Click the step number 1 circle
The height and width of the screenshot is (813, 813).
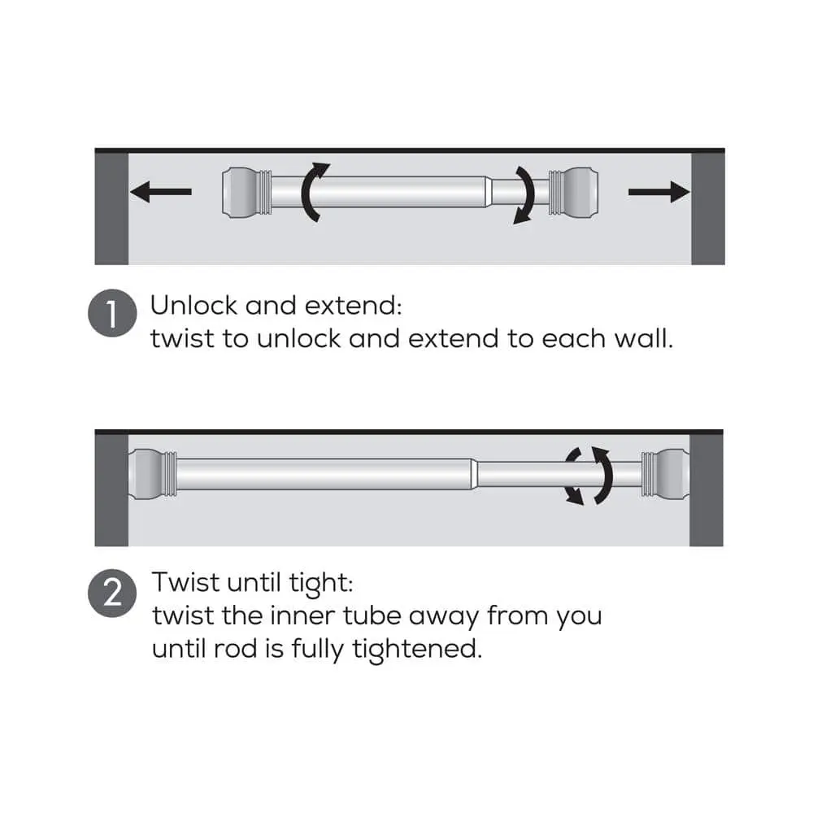[x=112, y=313]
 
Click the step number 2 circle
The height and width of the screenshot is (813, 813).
[x=112, y=593]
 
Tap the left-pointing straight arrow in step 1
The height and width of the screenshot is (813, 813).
[x=161, y=192]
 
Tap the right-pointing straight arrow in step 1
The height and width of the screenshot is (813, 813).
[x=659, y=192]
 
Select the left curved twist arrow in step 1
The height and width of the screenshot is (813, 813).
[x=305, y=193]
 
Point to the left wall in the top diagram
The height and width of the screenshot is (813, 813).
[x=111, y=208]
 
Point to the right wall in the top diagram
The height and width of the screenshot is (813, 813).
[x=708, y=208]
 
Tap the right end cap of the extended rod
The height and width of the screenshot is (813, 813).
[x=666, y=474]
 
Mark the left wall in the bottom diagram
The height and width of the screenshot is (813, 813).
[x=111, y=490]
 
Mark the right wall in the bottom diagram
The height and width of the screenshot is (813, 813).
[x=706, y=490]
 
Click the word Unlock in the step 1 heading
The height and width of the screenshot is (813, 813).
[x=193, y=305]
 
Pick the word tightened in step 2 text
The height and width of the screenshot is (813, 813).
[x=417, y=649]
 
